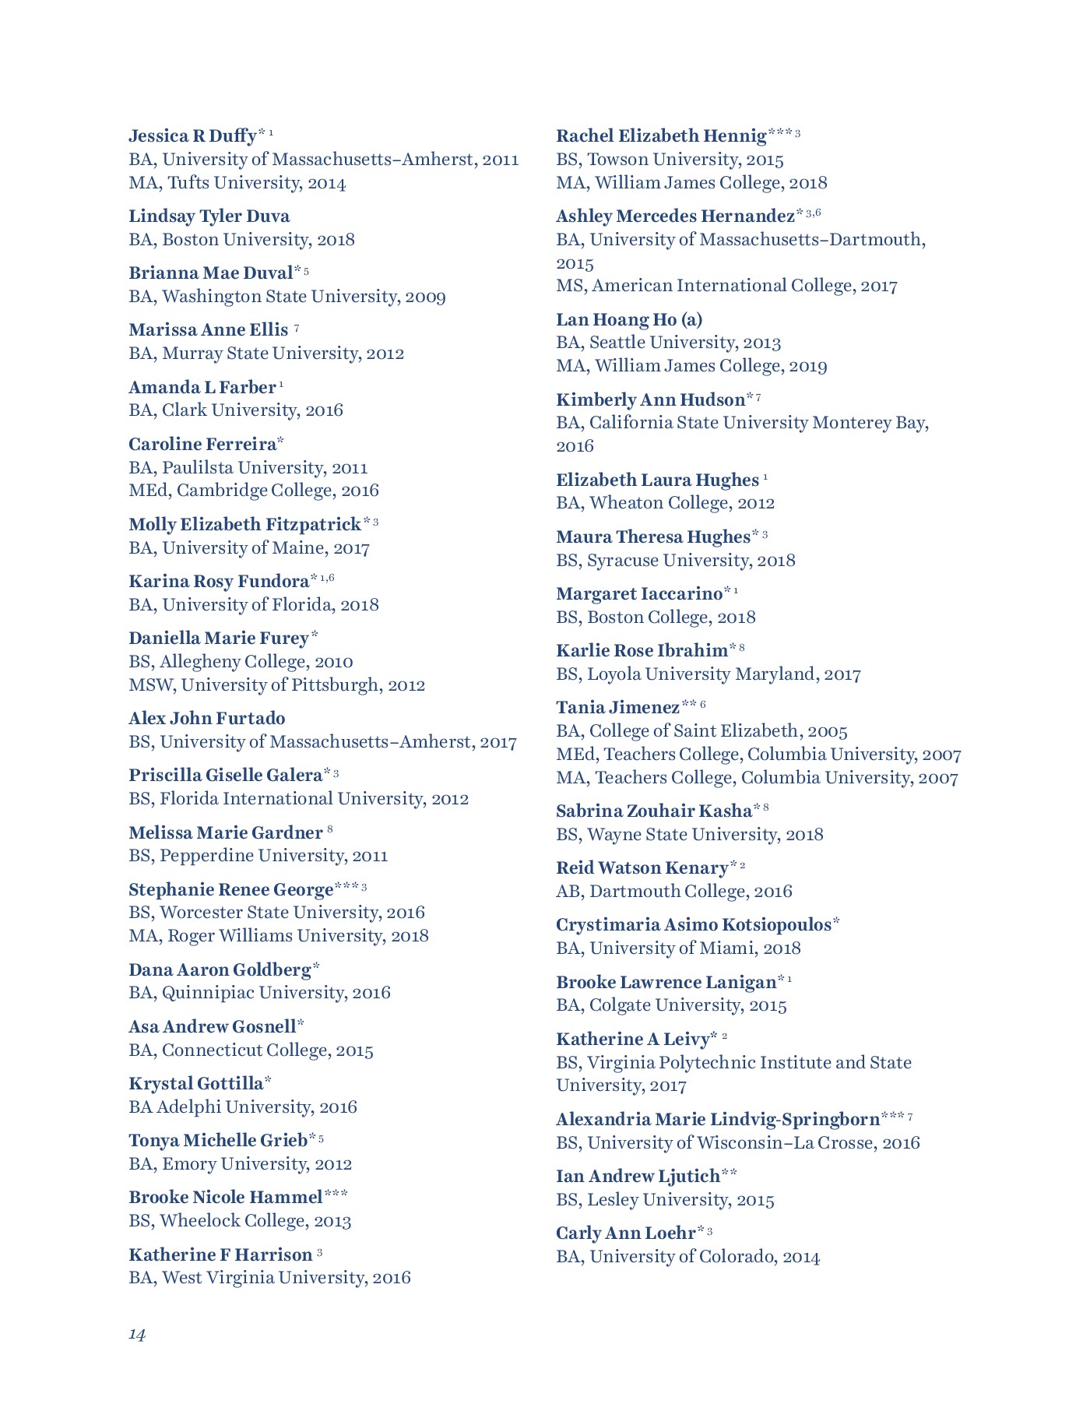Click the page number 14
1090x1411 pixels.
137,1335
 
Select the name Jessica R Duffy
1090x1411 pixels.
192,136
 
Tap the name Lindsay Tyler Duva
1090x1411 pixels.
209,216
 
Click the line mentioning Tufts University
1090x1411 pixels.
237,183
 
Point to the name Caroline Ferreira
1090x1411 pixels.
202,445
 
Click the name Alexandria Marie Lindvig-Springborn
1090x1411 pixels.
718,1120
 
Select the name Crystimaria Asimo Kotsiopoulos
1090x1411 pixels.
694,925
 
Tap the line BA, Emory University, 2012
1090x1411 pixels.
240,1164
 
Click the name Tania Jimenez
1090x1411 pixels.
618,708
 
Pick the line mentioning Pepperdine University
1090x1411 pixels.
258,856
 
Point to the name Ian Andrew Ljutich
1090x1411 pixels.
638,1177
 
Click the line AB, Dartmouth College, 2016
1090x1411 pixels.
673,892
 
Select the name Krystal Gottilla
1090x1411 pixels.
196,1084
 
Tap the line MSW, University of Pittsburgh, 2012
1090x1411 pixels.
276,685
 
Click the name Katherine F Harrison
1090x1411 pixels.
220,1255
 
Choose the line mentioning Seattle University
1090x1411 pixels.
668,343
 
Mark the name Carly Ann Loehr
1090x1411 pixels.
625,1233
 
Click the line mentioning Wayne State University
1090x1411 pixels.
689,835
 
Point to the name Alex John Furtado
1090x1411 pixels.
206,719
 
